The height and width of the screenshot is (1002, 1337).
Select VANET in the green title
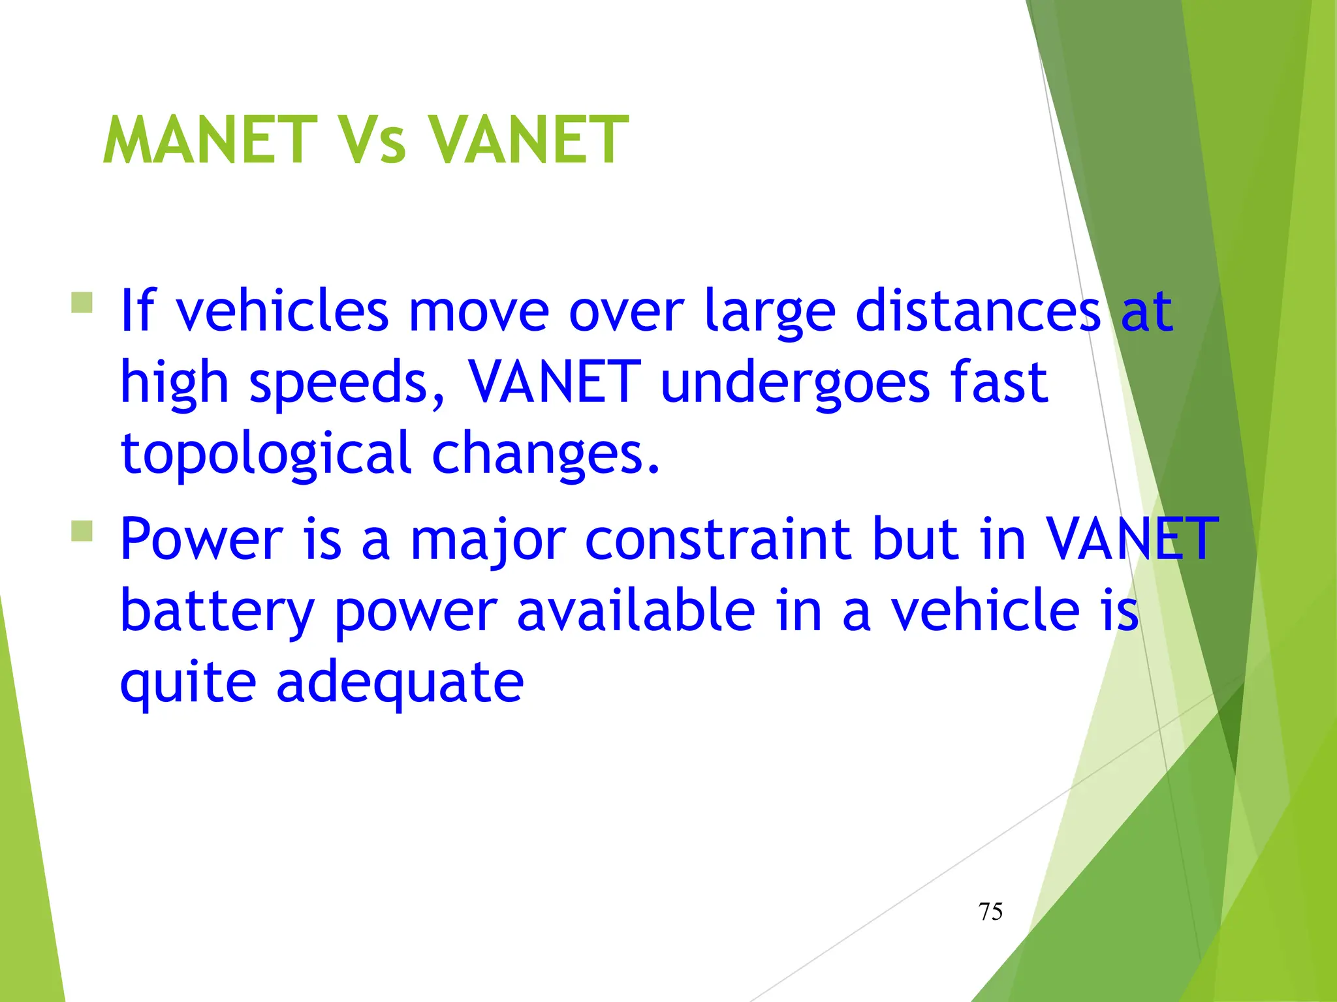[x=527, y=140]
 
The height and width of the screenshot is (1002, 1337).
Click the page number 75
[x=990, y=911]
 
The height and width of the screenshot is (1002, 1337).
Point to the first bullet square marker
[x=82, y=303]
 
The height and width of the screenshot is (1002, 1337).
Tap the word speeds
[x=347, y=384]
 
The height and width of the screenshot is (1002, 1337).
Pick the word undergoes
[x=794, y=384]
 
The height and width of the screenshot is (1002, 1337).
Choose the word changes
[x=546, y=455]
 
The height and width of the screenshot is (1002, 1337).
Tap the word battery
[x=217, y=612]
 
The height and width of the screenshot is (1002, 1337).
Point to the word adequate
[x=400, y=684]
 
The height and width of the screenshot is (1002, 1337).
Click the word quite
[x=188, y=684]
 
